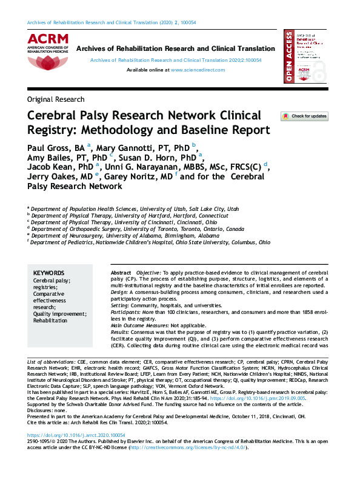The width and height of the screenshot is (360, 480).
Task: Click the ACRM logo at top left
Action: [47, 44]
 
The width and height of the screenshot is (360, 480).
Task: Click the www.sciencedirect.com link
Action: [198, 70]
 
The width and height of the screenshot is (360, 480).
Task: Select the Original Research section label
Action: [56, 99]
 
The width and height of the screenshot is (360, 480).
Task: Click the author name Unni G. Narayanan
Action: [145, 166]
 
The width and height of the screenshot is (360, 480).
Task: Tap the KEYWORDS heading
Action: [48, 273]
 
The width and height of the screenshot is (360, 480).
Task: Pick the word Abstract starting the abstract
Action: [121, 274]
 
